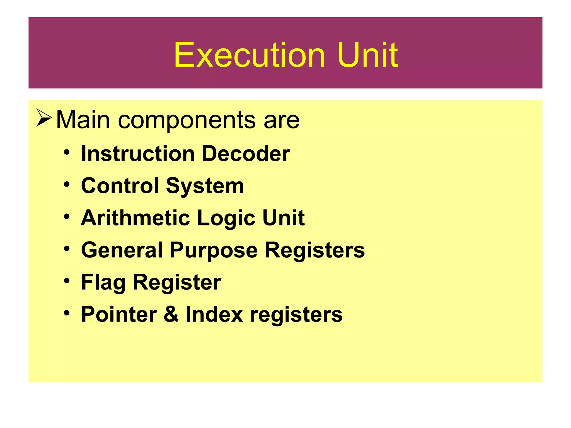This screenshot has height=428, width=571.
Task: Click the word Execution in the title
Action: pos(249,55)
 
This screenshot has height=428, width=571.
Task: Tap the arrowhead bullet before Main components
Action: pos(44,118)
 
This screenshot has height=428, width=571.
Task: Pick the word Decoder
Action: pos(246,154)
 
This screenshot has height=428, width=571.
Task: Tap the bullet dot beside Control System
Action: pos(66,184)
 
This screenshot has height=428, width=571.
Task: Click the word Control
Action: pos(120,186)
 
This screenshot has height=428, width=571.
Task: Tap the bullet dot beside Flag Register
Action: pos(66,281)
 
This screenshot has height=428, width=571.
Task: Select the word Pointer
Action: pos(119,314)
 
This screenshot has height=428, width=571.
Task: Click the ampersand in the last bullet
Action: pos(171,314)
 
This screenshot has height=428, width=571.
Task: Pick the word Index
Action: pos(214,314)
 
